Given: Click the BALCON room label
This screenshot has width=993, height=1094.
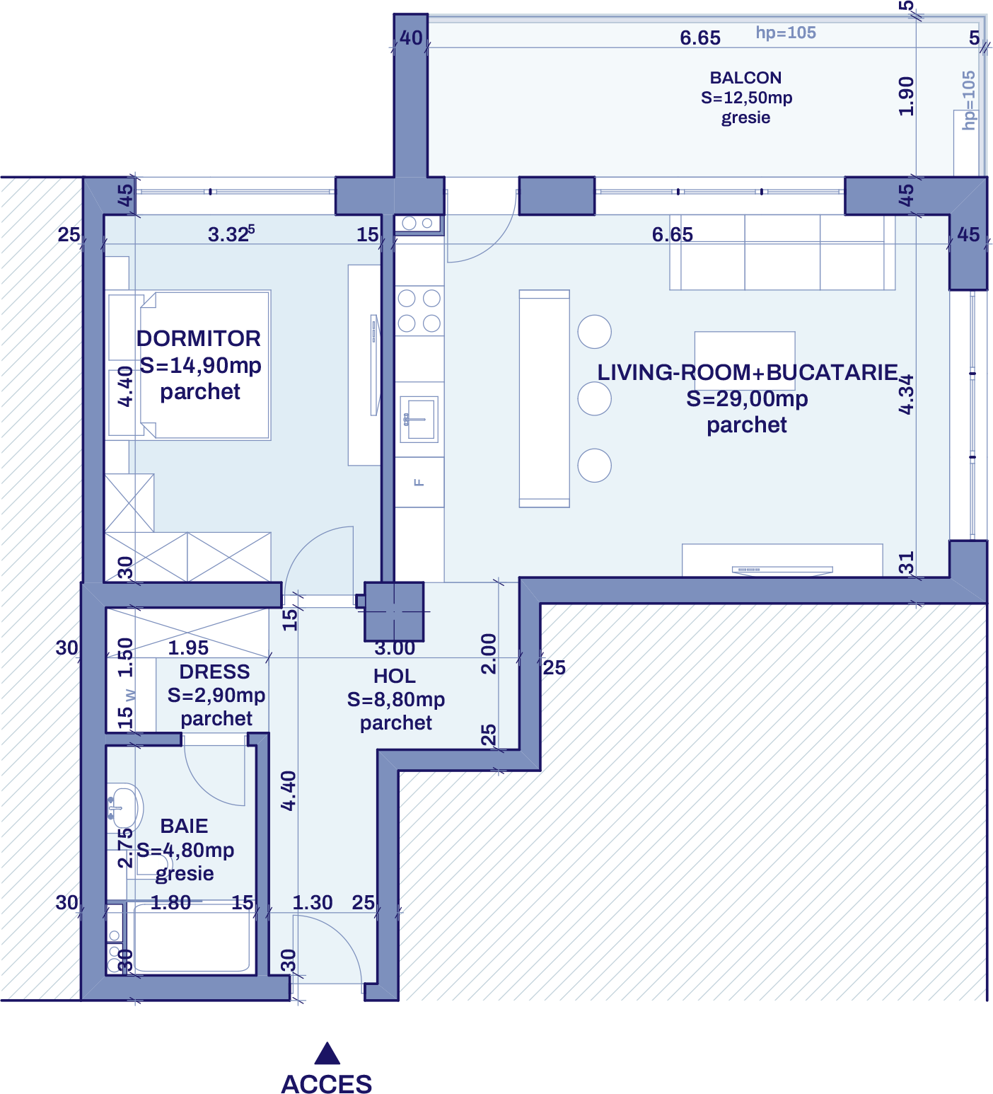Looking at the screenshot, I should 745,78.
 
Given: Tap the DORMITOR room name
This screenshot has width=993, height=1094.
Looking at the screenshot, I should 199,338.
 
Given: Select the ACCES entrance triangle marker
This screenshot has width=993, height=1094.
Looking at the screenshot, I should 327,1054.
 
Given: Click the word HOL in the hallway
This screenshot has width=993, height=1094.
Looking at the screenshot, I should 395,676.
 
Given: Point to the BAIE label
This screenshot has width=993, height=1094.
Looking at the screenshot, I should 184,826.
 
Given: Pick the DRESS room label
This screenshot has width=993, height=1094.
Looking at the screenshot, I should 214,672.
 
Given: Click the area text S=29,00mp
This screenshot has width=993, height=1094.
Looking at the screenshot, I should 747,398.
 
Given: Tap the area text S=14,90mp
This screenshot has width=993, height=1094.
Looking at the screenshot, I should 201,365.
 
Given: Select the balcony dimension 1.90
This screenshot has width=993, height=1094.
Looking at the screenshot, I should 906,96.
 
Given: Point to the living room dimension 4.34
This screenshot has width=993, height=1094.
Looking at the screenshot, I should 906,395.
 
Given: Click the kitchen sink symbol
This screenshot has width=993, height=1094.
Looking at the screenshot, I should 419,418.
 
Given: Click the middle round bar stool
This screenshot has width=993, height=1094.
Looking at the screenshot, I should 595,399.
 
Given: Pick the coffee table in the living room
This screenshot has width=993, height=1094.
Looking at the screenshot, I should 745,350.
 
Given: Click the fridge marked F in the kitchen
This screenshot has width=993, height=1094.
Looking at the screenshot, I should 419,482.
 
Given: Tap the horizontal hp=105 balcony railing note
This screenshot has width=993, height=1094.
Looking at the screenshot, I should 786,33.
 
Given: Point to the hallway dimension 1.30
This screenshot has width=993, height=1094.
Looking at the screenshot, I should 313,902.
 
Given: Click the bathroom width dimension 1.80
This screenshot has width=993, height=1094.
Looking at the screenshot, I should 170,902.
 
